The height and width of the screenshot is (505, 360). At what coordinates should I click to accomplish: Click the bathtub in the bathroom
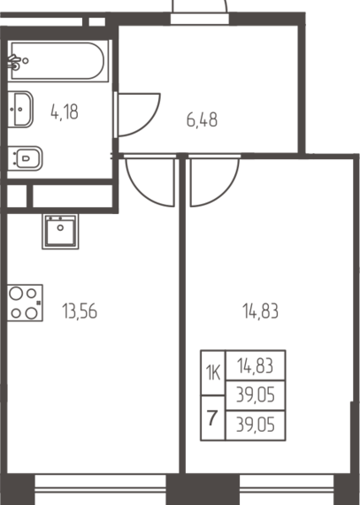pyautogui.click(x=58, y=60)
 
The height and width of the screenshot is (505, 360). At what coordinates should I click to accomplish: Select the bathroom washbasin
pyautogui.click(x=20, y=109)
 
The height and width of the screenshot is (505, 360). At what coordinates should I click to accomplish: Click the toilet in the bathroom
pyautogui.click(x=25, y=158)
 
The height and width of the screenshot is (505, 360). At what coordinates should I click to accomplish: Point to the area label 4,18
pyautogui.click(x=65, y=111)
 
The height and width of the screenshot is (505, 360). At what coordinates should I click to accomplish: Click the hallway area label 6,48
pyautogui.click(x=202, y=119)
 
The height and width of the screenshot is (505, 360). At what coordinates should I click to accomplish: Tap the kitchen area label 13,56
pyautogui.click(x=80, y=311)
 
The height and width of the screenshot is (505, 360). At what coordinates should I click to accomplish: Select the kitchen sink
pyautogui.click(x=60, y=231)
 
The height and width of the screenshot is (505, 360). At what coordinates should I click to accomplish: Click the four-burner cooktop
pyautogui.click(x=25, y=302)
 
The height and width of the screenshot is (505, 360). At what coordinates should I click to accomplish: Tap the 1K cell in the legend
pyautogui.click(x=213, y=372)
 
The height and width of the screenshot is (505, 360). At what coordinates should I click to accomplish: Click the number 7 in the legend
pyautogui.click(x=212, y=418)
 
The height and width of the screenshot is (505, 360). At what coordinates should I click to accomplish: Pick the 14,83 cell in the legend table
pyautogui.click(x=256, y=365)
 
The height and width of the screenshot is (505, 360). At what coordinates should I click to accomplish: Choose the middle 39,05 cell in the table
pyautogui.click(x=256, y=395)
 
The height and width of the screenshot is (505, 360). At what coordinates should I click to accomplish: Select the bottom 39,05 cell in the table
pyautogui.click(x=256, y=425)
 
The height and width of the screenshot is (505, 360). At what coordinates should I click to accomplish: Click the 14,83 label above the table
pyautogui.click(x=260, y=311)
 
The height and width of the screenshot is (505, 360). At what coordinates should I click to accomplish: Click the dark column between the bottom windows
pyautogui.click(x=203, y=490)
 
